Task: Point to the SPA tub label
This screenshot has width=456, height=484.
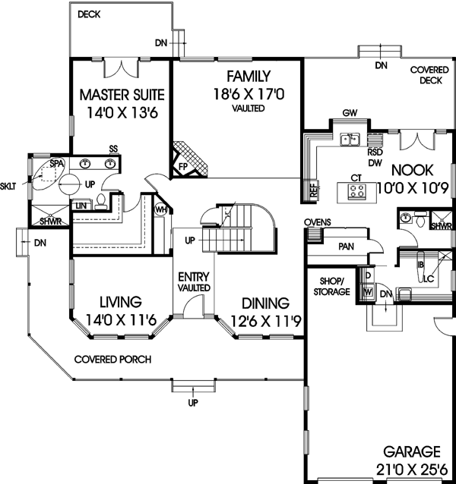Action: point(56,163)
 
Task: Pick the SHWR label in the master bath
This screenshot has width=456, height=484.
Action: point(52,222)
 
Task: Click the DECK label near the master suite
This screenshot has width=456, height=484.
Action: point(89,14)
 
